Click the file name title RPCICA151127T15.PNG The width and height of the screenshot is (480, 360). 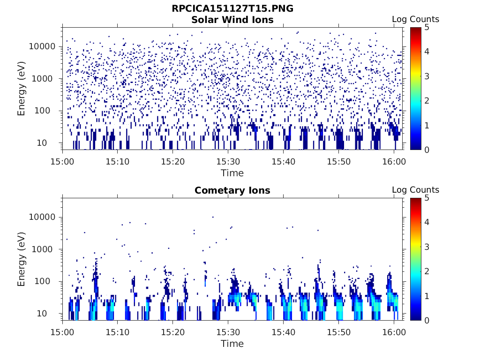pos(232,8)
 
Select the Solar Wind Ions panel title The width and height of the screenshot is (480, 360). pos(232,20)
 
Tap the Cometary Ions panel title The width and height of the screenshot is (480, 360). pos(232,190)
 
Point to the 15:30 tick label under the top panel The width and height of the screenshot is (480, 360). pos(228,162)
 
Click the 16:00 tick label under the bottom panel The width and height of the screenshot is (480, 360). pos(394,332)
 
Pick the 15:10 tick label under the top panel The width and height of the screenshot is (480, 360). pos(118,162)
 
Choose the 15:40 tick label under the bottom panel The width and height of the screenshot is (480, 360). pos(284,332)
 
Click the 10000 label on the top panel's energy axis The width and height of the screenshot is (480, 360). pos(42,46)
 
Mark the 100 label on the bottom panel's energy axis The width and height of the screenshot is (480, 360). pos(42,281)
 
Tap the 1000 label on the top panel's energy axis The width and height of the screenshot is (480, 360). pos(42,79)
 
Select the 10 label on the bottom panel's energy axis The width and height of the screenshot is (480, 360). pos(42,314)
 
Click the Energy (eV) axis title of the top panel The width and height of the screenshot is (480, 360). pos(21,89)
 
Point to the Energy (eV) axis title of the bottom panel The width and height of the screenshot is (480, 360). pos(21,259)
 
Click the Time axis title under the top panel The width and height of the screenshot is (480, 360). pos(232,173)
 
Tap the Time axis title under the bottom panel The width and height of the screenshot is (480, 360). pos(232,344)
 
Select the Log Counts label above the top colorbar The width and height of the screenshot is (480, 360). pos(415,19)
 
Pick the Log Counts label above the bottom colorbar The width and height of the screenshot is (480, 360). pos(415,190)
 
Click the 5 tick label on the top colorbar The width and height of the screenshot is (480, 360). pos(427,28)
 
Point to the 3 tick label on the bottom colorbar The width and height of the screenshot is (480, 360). pos(427,247)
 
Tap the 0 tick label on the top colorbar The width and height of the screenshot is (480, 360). pos(427,150)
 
